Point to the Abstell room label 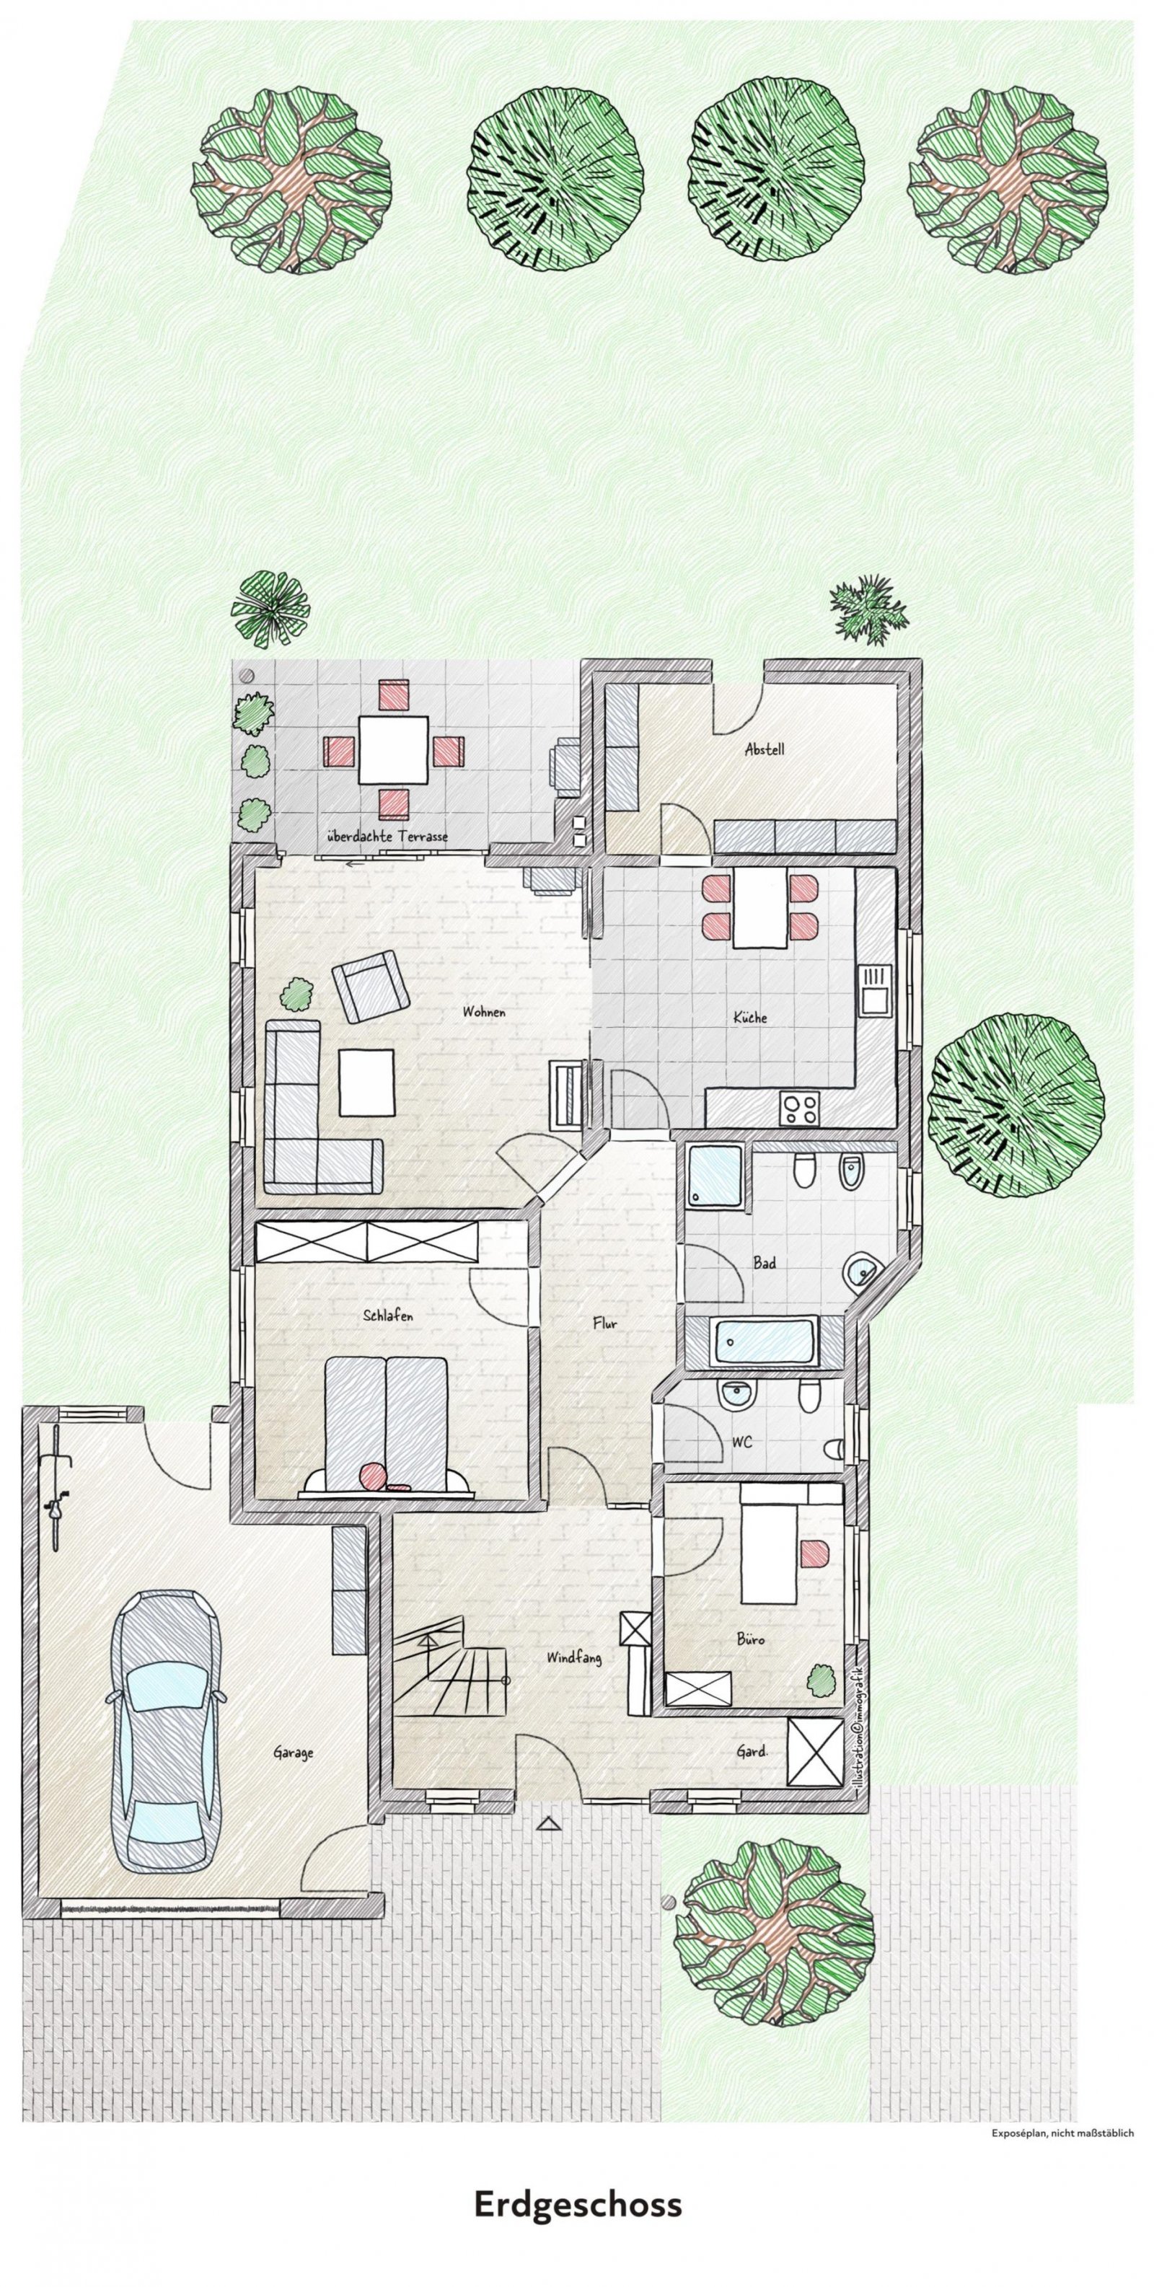point(765,749)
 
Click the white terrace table point(393,749)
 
